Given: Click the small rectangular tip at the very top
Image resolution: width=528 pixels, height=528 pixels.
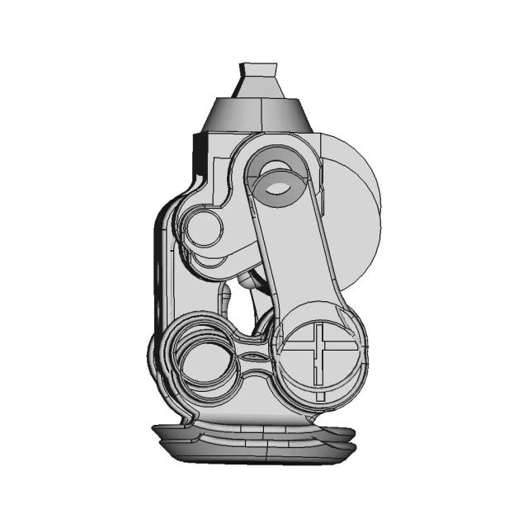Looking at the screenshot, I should click(x=258, y=68).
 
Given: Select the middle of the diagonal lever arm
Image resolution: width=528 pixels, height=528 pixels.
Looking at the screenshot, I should click(x=297, y=256).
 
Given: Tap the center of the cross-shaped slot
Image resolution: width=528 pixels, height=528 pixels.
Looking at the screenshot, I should click(x=318, y=350).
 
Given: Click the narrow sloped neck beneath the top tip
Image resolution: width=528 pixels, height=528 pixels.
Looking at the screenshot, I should click(x=257, y=87).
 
